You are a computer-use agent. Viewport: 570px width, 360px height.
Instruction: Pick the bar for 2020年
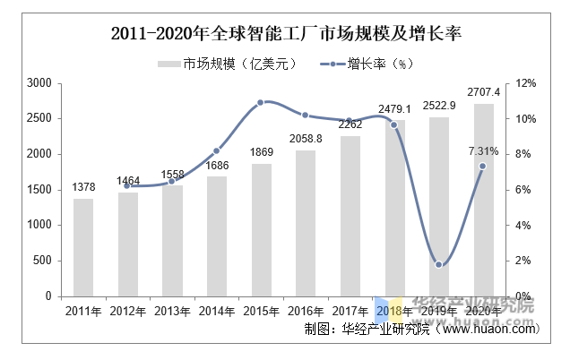point(483,200)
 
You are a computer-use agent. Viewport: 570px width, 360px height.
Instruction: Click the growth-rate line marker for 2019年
point(438,264)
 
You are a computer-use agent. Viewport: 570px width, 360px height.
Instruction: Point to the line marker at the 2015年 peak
point(261,102)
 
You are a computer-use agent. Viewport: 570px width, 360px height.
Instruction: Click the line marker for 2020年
point(483,166)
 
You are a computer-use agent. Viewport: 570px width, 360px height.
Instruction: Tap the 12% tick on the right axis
point(526,83)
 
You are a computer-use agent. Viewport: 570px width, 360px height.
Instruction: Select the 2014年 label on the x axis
point(216,311)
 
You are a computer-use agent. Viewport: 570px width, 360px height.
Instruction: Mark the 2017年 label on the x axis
point(350,311)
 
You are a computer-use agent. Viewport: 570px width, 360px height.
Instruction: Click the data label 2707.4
point(483,92)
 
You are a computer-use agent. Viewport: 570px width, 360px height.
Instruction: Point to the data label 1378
point(83,187)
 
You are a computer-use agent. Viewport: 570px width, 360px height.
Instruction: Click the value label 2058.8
point(306,138)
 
